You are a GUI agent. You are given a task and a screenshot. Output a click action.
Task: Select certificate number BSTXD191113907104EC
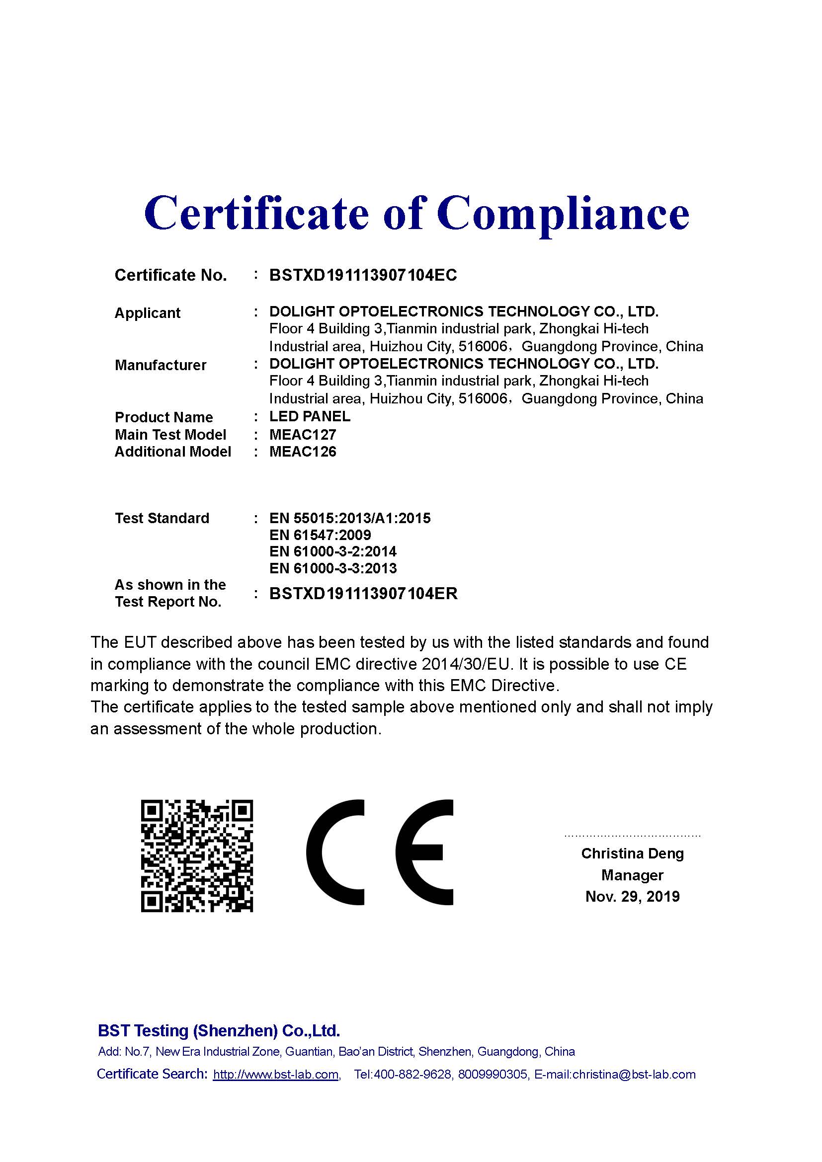[363, 275]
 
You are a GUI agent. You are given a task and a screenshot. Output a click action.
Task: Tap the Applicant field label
[147, 313]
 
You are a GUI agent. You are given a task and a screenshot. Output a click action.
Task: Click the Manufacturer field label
[161, 365]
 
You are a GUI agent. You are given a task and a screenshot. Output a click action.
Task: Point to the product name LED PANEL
[310, 416]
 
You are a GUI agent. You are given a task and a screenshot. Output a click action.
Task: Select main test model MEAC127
[303, 434]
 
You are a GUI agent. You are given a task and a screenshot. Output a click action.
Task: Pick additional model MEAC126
[303, 452]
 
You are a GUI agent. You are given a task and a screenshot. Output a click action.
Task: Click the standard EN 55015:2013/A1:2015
[350, 518]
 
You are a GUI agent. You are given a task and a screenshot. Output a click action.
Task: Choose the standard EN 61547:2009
[320, 535]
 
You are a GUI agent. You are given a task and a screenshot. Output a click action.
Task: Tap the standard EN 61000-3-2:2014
[333, 551]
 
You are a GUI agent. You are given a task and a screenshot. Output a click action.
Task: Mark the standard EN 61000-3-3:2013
[333, 568]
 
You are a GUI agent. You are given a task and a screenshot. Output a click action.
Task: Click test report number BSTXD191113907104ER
[363, 593]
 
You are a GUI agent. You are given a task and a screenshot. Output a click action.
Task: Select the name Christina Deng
[632, 854]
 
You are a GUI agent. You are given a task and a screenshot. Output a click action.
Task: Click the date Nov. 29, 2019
[632, 897]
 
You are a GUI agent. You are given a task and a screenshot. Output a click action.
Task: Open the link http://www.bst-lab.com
[275, 1075]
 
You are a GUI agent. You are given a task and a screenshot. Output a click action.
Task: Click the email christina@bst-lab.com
[634, 1075]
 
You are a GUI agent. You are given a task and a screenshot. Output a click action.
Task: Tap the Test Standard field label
[162, 518]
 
